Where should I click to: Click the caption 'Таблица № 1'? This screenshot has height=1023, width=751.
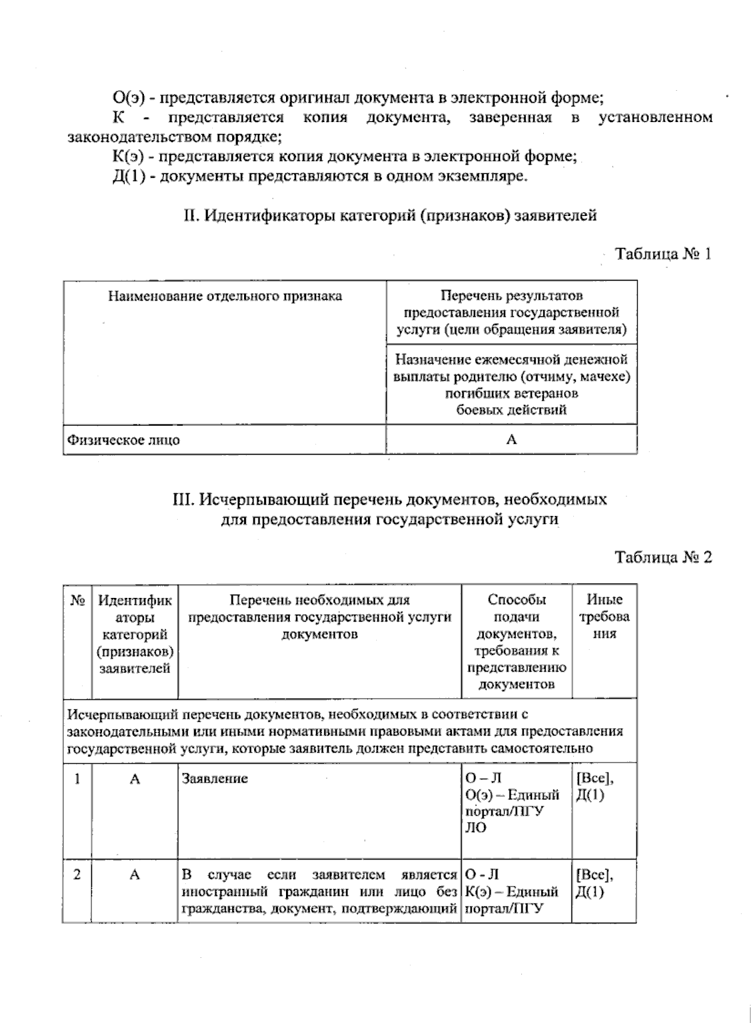pyautogui.click(x=663, y=254)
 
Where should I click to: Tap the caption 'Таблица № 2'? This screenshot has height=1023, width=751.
pyautogui.click(x=663, y=557)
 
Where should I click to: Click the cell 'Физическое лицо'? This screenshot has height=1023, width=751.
pyautogui.click(x=124, y=440)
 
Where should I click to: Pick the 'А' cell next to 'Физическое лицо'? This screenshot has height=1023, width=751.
pyautogui.click(x=511, y=440)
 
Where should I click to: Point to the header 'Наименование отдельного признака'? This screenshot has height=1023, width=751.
pyautogui.click(x=225, y=296)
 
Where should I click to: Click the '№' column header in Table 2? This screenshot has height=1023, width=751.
pyautogui.click(x=77, y=600)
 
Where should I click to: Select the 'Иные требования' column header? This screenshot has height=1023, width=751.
pyautogui.click(x=604, y=617)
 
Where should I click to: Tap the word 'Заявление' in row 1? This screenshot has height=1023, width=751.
pyautogui.click(x=215, y=779)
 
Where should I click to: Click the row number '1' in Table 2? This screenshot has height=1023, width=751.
pyautogui.click(x=77, y=779)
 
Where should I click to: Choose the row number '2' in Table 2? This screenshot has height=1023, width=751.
pyautogui.click(x=77, y=875)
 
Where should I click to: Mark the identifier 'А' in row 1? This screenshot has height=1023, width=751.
pyautogui.click(x=135, y=779)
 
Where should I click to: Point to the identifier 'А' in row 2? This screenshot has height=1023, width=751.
pyautogui.click(x=135, y=875)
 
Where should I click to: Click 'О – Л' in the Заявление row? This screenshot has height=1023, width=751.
pyautogui.click(x=483, y=779)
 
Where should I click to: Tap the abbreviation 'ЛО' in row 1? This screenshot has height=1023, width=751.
pyautogui.click(x=476, y=828)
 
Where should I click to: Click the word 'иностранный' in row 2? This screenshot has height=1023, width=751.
pyautogui.click(x=217, y=892)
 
